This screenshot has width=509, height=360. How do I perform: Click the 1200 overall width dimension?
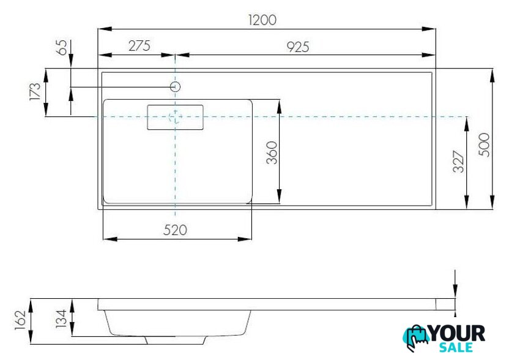(262, 20)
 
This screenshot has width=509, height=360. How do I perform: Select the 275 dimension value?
(139, 46)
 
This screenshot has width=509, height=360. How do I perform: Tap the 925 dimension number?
(298, 47)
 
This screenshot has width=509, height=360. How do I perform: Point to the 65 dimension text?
(62, 47)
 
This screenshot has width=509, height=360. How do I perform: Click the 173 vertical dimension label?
(35, 91)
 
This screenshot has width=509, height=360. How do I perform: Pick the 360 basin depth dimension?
(272, 152)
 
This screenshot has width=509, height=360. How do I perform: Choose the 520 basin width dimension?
(176, 230)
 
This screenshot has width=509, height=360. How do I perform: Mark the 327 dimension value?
(458, 162)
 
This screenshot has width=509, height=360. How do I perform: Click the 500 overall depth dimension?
(484, 144)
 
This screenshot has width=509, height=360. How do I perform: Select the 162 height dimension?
(20, 320)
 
